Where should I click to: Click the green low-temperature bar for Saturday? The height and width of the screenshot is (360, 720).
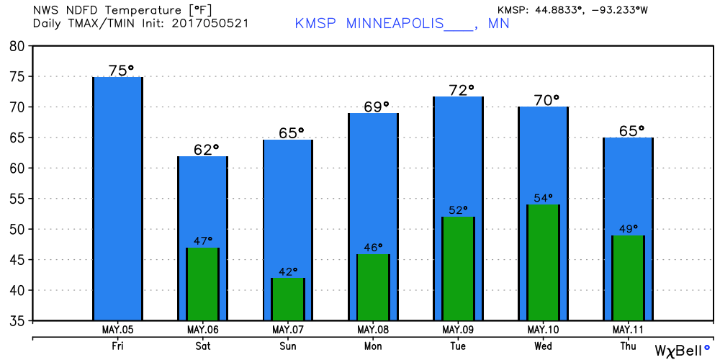pos(202,284)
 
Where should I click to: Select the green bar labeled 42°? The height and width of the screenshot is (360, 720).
pos(288,299)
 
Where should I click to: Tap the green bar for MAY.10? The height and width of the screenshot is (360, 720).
pos(543,262)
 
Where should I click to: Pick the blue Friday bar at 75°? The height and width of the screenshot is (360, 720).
pos(117,199)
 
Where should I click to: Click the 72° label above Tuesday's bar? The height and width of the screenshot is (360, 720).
pos(462,90)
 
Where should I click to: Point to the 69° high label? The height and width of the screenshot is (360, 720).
pos(376,107)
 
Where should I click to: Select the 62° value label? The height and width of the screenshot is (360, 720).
pos(206,150)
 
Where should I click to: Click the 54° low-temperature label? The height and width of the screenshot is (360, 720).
pos(544,199)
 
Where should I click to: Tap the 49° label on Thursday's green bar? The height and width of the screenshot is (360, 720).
pos(628,229)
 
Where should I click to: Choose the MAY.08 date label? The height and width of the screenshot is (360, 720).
pos(373,330)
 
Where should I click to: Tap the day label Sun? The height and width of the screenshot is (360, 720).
pos(288,346)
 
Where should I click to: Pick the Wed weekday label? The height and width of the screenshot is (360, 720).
pos(544,346)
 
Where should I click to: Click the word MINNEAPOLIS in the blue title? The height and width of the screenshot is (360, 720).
pos(395,24)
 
